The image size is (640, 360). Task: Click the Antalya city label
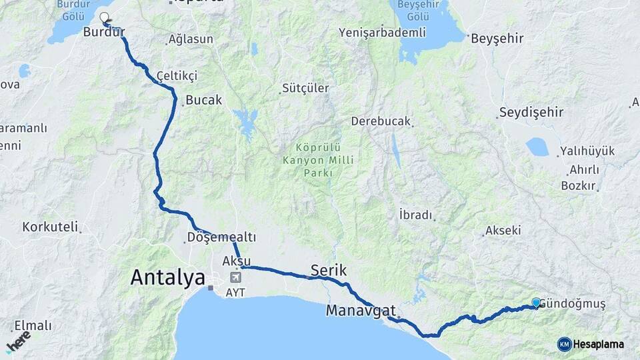168,277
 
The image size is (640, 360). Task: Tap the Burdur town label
104,31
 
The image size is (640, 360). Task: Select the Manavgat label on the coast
361,311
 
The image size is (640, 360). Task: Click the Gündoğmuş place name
572,305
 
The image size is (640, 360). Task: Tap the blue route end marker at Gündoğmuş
536,303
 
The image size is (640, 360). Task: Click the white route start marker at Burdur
104,17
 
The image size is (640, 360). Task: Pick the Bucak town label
203,99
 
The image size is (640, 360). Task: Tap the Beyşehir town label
497,39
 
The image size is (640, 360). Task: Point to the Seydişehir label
531,112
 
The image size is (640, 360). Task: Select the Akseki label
503,231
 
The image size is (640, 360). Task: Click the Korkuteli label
50,227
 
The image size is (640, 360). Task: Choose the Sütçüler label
305,88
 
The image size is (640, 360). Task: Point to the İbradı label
415,215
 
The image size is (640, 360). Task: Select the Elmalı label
33,325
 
